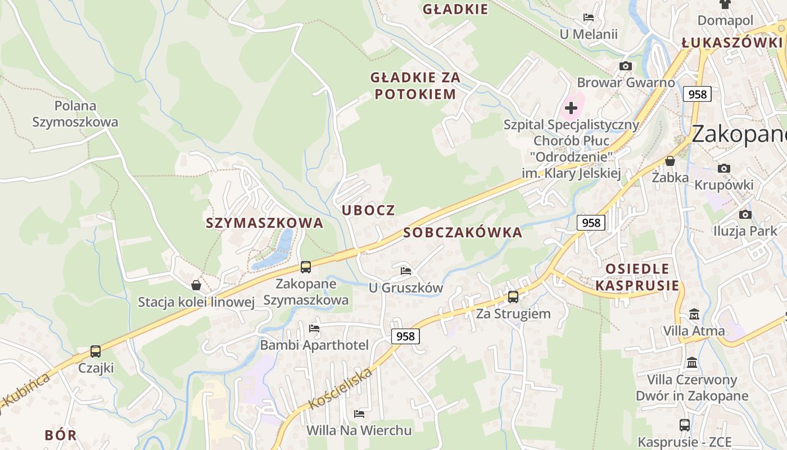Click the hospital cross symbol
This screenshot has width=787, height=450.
[x=571, y=107]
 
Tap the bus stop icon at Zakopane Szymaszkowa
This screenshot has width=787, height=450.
[x=306, y=267]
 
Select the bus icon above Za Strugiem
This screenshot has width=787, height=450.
[x=513, y=297]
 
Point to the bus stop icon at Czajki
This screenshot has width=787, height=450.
[x=96, y=352]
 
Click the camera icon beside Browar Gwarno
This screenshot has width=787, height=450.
[x=625, y=66]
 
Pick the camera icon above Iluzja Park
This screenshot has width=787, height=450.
[x=745, y=214]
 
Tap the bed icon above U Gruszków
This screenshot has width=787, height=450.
[x=406, y=271]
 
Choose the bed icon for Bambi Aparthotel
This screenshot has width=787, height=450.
[x=314, y=328]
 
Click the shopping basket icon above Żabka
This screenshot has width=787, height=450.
[x=670, y=161]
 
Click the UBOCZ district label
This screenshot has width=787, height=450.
[x=368, y=210]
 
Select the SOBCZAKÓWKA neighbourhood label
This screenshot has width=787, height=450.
[x=463, y=232]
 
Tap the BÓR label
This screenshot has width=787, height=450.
[x=60, y=435]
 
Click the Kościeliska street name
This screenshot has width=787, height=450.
[x=341, y=389]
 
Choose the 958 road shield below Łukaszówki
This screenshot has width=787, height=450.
[x=697, y=94]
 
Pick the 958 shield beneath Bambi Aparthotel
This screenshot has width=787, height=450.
[x=405, y=336]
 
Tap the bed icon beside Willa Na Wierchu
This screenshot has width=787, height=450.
[x=359, y=415]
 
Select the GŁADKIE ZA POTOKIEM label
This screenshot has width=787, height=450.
[x=415, y=85]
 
